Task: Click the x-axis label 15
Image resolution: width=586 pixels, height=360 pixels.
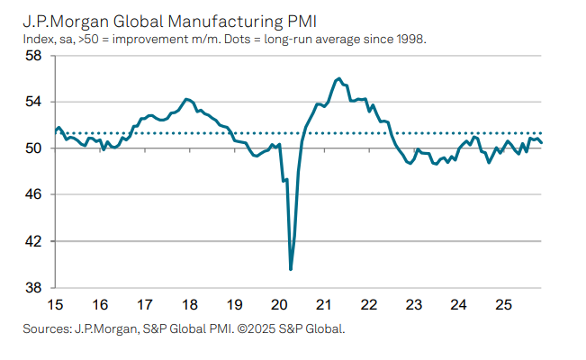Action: click(55, 304)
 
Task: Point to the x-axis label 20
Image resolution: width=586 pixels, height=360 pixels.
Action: click(279, 304)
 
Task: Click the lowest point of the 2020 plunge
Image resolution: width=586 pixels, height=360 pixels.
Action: click(291, 268)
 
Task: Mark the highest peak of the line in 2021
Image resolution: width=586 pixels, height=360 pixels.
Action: click(338, 79)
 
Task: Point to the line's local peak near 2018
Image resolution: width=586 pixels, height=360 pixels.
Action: click(186, 99)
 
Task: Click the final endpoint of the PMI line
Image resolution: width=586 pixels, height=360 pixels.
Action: click(542, 142)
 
